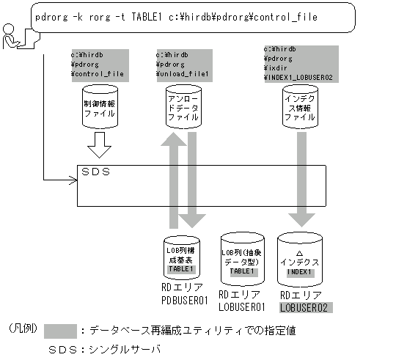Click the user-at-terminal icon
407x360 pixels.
click(12, 37)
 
